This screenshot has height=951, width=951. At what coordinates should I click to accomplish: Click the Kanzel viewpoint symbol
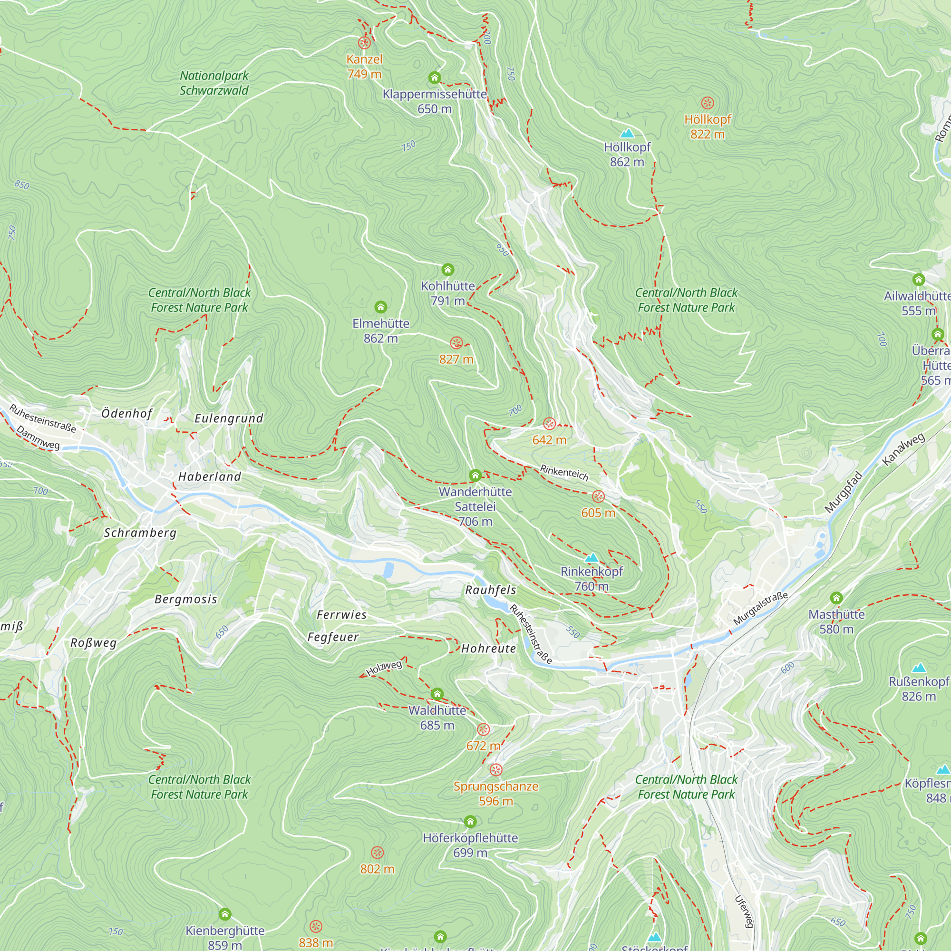(x=364, y=43)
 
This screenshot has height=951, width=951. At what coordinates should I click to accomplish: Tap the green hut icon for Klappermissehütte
(x=434, y=78)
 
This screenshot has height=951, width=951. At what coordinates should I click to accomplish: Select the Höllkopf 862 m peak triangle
(x=627, y=134)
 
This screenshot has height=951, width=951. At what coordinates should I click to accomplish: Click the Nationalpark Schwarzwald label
(x=214, y=83)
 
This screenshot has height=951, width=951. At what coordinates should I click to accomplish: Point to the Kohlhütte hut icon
(x=447, y=269)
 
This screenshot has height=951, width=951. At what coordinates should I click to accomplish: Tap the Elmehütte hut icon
(x=380, y=307)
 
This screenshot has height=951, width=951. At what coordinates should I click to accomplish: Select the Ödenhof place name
(x=127, y=414)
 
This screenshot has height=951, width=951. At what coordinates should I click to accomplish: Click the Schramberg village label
(x=140, y=533)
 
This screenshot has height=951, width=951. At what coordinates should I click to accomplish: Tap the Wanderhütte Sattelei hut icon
(x=475, y=475)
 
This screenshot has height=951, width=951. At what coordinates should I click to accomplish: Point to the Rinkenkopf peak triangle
(x=592, y=558)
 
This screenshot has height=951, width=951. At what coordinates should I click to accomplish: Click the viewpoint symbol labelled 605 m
(x=598, y=496)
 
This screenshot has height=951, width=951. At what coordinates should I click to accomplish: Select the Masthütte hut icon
(x=836, y=598)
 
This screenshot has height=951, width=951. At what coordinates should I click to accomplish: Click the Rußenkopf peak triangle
(x=919, y=668)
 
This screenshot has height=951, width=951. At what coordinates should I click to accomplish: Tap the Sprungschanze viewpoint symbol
(x=495, y=769)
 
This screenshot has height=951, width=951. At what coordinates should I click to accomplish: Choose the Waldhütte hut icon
(x=437, y=694)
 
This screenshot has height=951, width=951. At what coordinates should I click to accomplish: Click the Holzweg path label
(x=384, y=668)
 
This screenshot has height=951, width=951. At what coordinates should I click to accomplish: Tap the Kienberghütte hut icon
(x=225, y=914)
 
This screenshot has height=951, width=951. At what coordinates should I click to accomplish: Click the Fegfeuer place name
(x=333, y=637)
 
